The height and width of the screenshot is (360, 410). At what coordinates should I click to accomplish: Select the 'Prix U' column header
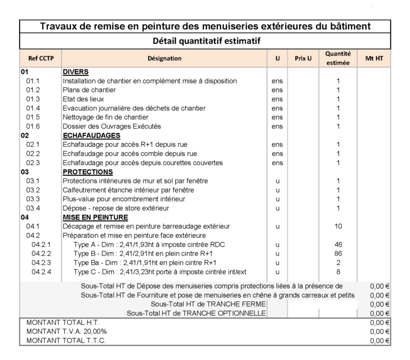point(303,58)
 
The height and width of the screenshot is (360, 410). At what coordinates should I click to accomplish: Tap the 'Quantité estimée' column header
point(338,58)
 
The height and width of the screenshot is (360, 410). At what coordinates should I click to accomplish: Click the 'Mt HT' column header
point(374,58)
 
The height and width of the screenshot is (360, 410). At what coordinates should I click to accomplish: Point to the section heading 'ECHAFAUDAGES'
point(91,135)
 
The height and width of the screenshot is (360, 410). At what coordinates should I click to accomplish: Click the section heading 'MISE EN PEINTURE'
point(95,217)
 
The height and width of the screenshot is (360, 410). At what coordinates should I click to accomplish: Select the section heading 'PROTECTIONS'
point(88,172)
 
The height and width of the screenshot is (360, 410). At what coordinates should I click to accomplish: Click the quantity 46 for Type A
point(338,244)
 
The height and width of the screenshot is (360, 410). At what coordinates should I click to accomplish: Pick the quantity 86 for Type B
point(338,253)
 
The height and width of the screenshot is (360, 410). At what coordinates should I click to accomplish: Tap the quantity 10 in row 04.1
point(338,226)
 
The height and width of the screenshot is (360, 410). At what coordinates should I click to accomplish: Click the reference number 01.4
point(33,108)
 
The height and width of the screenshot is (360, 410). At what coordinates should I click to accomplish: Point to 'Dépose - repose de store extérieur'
point(116,208)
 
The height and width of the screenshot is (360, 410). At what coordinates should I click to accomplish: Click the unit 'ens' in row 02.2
point(277,154)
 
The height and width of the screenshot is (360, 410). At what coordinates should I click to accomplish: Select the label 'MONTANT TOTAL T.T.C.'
point(66,341)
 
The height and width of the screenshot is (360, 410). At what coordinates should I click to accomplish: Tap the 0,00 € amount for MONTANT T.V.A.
point(380,332)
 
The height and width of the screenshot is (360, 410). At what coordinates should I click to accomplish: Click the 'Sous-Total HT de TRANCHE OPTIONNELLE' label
point(196,313)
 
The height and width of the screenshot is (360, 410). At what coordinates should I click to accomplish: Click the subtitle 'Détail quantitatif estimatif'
point(205,41)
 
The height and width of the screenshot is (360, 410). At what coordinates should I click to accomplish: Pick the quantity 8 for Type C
point(338,271)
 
